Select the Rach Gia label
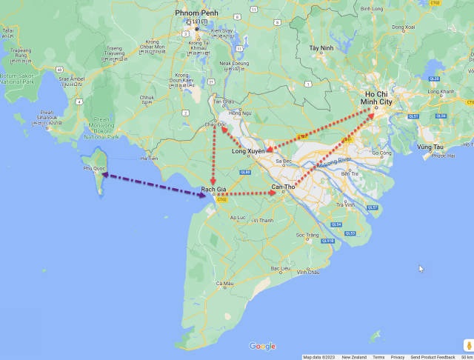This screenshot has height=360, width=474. point(213,190)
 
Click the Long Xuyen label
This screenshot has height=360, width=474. point(248,151)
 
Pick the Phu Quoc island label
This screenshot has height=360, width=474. point(95,168)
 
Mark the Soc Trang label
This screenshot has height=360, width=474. point(307,235)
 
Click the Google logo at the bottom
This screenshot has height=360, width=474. point(262,346)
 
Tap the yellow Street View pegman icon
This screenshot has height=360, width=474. point(468,345)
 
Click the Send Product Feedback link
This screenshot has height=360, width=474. point(433,357)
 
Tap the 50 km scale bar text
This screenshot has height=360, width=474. point(467,357)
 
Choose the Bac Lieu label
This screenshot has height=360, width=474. point(280,268)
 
